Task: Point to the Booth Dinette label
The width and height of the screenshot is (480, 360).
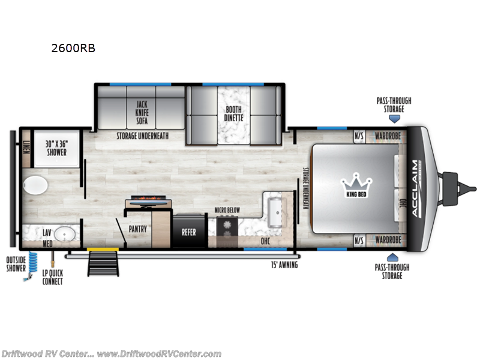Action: (x=233, y=113)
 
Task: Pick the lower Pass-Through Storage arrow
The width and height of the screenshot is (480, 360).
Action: (x=394, y=256)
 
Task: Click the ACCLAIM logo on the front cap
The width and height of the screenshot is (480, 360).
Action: (x=415, y=186)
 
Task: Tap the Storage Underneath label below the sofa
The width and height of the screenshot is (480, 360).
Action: (x=142, y=136)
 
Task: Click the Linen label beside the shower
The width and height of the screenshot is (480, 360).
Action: (x=26, y=146)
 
